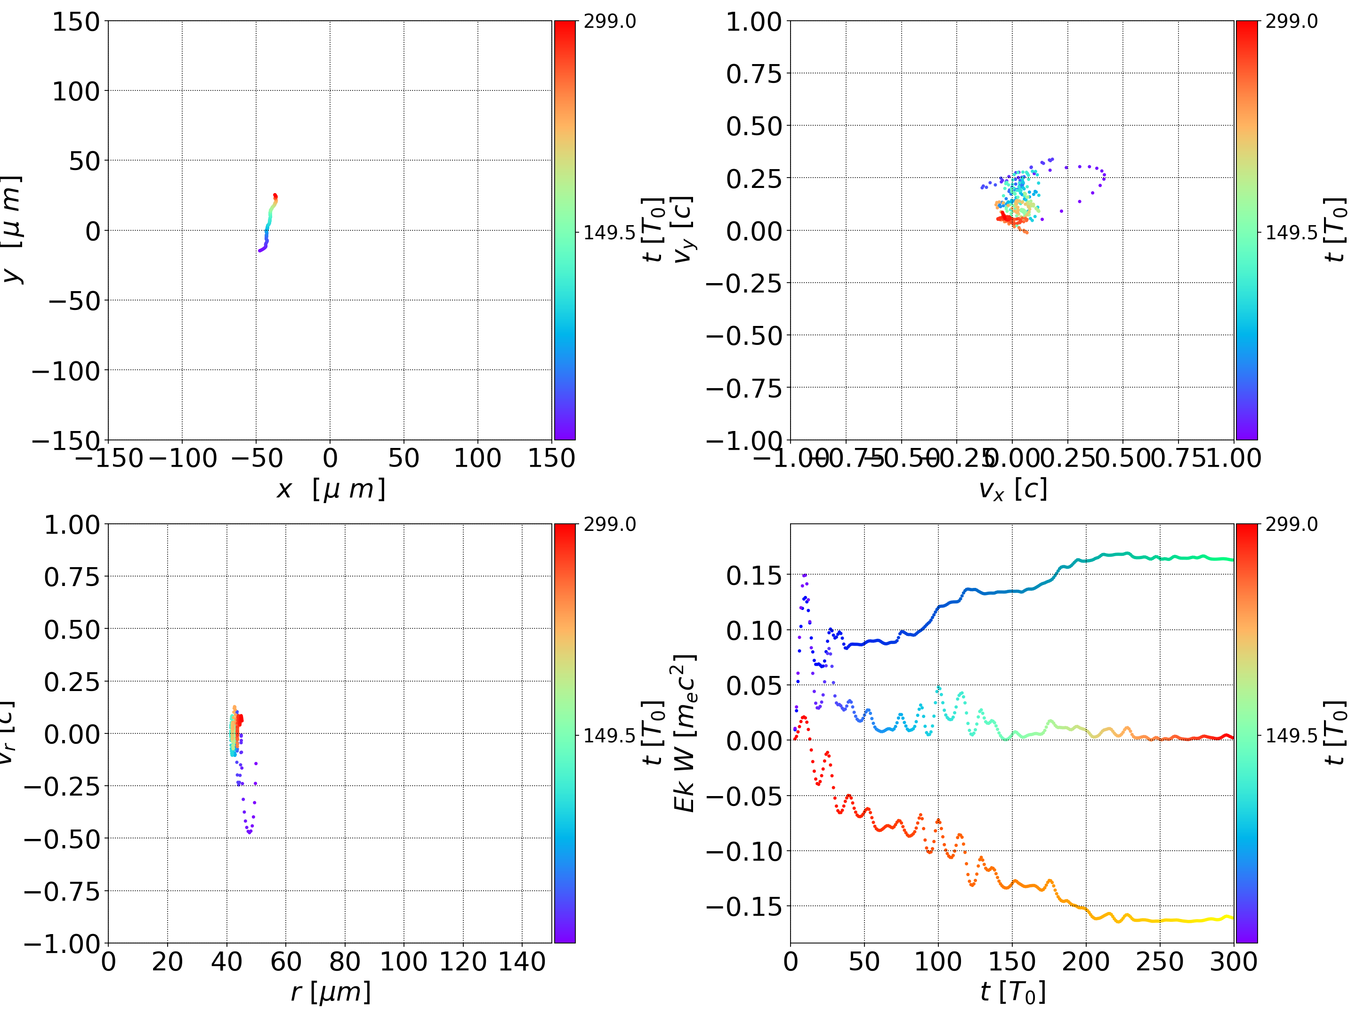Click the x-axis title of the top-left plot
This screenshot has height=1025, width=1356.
click(x=331, y=489)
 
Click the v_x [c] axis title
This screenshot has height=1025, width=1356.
click(x=1012, y=489)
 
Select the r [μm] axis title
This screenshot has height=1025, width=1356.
click(x=331, y=992)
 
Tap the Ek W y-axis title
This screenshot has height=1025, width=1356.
click(x=684, y=733)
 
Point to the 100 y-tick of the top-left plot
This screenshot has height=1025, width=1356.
click(x=75, y=91)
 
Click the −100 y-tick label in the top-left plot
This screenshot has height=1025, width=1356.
click(x=65, y=371)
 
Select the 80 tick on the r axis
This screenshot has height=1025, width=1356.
click(x=345, y=961)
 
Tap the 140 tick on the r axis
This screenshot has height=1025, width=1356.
click(x=522, y=961)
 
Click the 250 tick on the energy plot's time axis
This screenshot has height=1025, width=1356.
click(x=1159, y=961)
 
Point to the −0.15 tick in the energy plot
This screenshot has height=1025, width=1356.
click(x=744, y=906)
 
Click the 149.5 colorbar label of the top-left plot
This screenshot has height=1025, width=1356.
click(x=609, y=233)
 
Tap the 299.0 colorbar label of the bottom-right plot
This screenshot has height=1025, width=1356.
click(x=1291, y=524)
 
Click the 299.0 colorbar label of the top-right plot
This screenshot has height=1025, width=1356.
click(x=1291, y=22)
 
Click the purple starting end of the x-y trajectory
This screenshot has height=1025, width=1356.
click(x=260, y=250)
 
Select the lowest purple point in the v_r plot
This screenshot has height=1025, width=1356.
click(x=250, y=832)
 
